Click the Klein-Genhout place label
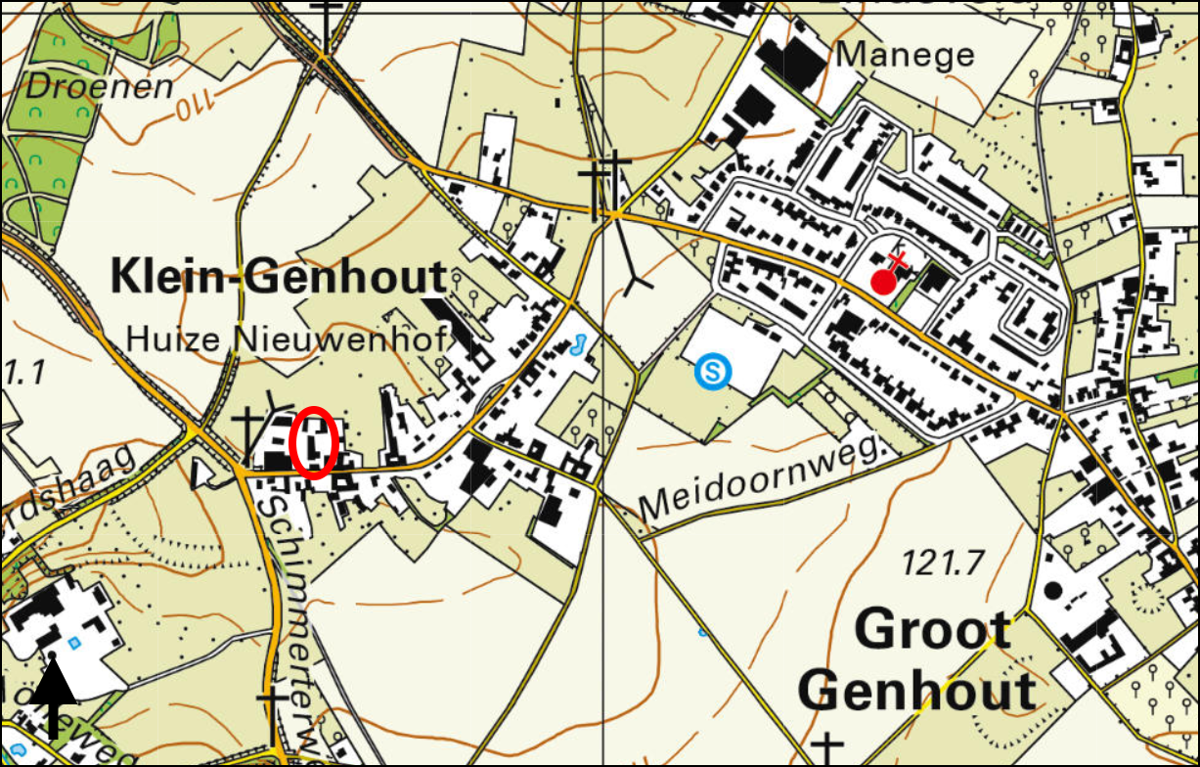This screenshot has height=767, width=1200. click(278, 278)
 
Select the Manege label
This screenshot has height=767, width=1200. click(906, 55)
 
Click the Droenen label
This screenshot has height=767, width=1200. click(99, 86)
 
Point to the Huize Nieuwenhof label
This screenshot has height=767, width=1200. click(287, 339)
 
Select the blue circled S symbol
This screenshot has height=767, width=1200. click(713, 371)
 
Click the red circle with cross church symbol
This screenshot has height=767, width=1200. click(884, 280)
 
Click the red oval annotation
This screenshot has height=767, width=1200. click(315, 441)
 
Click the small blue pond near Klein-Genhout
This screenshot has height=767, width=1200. click(577, 344)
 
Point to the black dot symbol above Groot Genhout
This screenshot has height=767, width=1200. click(1053, 590)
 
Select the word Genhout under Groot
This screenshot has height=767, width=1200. click(922, 692)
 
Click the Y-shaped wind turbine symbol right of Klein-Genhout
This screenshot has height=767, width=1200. click(638, 284)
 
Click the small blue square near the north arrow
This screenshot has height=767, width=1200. click(75, 643)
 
